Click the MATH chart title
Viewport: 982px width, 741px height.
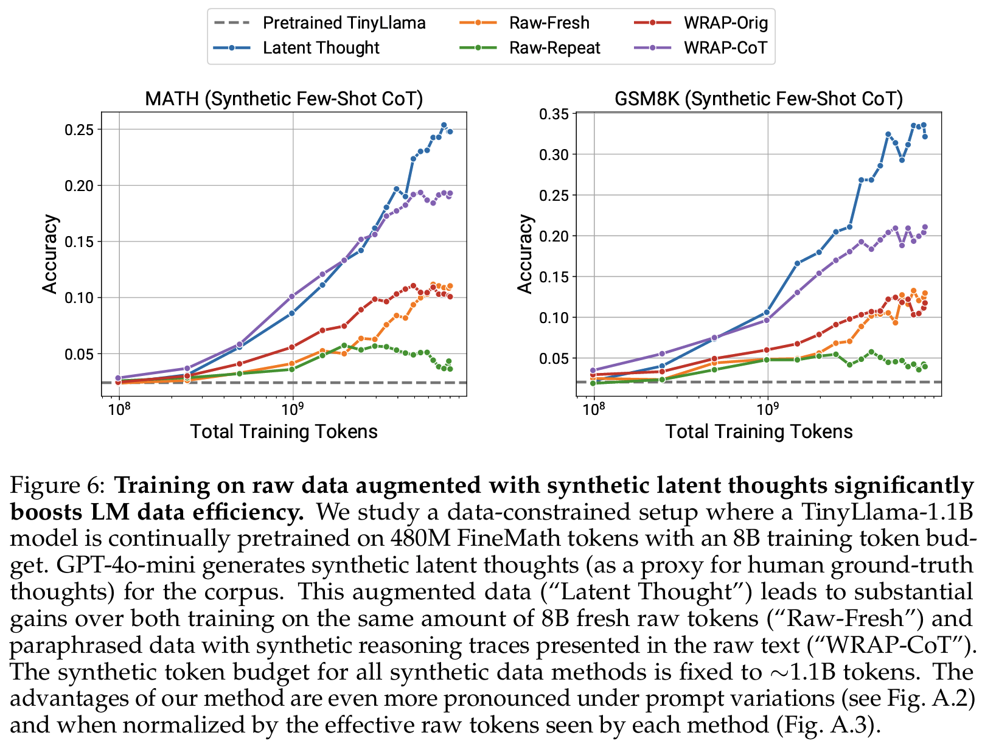pyautogui.click(x=284, y=99)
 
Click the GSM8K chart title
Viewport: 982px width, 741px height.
pyautogui.click(x=759, y=99)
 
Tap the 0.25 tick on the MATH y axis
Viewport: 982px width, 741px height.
pyautogui.click(x=79, y=130)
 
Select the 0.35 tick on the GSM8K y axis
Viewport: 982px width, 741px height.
pyautogui.click(x=554, y=114)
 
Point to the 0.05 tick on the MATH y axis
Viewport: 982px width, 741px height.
pyautogui.click(x=79, y=354)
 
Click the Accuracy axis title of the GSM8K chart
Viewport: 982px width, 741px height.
pyautogui.click(x=524, y=254)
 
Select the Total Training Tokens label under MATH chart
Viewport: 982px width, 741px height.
pyautogui.click(x=284, y=431)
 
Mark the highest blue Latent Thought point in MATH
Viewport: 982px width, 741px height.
pyautogui.click(x=444, y=125)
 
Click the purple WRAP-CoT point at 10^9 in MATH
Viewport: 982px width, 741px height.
pyautogui.click(x=292, y=296)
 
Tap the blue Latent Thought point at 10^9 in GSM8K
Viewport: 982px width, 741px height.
pyautogui.click(x=767, y=312)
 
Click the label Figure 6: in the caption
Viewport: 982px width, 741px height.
pyautogui.click(x=58, y=485)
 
